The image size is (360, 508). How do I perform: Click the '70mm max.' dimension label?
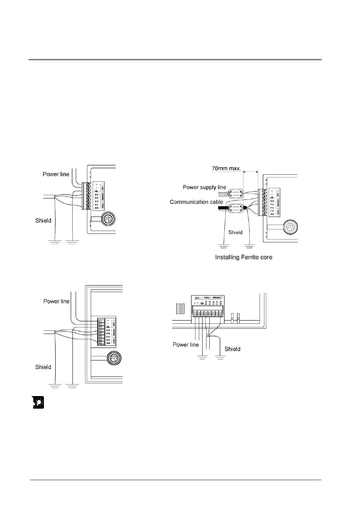tap(227, 168)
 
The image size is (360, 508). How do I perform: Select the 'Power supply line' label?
tap(205, 188)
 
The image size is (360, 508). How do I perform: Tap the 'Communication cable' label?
tap(197, 202)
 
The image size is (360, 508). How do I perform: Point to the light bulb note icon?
tap(38, 403)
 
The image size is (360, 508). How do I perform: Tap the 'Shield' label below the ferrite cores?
tap(235, 232)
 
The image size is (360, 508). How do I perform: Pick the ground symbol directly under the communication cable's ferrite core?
tap(223, 247)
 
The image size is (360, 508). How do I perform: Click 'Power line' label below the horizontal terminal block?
tap(186, 344)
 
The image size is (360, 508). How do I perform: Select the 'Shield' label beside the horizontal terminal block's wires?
tap(232, 349)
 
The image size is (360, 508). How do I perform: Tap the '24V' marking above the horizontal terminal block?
tap(198, 298)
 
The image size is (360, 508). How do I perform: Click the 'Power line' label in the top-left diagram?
tap(56, 174)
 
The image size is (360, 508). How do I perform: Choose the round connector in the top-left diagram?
tap(108, 220)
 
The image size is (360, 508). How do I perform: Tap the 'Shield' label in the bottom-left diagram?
tap(43, 367)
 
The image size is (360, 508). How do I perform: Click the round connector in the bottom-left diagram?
tap(114, 358)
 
